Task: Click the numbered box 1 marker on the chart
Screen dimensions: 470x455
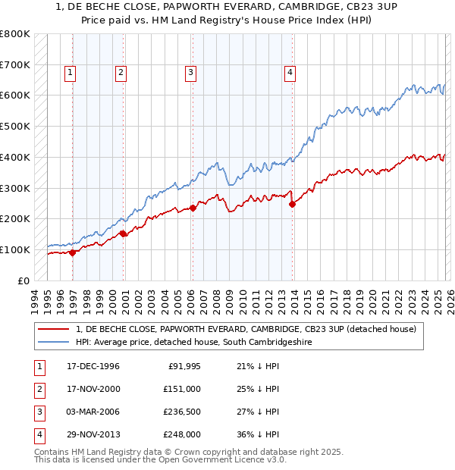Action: coord(70,73)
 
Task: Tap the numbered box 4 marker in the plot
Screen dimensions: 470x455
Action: coord(290,73)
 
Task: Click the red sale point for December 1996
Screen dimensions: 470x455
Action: coord(73,252)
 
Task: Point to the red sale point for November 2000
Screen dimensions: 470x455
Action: coord(124,234)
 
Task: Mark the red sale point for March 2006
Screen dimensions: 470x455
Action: coord(193,208)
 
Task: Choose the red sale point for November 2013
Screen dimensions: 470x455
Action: coord(292,204)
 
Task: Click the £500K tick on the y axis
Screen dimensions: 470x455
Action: coord(15,127)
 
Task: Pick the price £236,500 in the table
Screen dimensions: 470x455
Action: coord(182,412)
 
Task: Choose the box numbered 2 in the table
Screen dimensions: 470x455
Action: coord(39,390)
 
